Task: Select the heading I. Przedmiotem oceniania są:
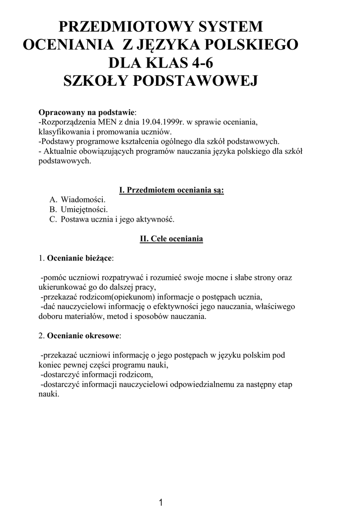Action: (172, 190)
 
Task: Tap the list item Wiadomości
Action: (83, 199)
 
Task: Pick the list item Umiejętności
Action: (84, 209)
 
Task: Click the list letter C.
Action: (53, 219)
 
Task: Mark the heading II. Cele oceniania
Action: (172, 239)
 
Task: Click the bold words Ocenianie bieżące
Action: (79, 258)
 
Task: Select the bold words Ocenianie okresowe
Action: (83, 336)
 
